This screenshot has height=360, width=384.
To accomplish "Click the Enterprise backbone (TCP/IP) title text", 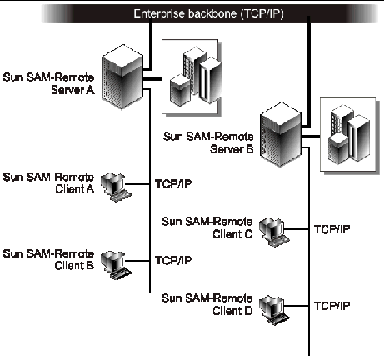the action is coord(208,13).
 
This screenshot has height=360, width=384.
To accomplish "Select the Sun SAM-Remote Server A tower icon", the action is coord(122,77).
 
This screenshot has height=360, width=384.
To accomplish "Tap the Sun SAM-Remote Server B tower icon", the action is coord(281,134).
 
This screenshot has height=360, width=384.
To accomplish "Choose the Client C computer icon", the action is coord(274,232).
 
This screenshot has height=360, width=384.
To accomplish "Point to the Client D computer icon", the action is coord(274,309).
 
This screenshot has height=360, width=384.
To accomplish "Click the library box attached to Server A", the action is coord(192,77).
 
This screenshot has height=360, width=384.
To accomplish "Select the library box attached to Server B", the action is coord(350,136).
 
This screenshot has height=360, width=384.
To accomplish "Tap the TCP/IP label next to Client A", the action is coord(173,184).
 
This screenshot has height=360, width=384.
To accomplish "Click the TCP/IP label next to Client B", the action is coord(173,260).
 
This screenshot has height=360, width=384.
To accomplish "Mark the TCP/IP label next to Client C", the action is coord(332,229).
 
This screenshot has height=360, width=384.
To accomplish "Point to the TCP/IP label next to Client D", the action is coord(332,306).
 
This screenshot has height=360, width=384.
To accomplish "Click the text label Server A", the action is coord(72,90).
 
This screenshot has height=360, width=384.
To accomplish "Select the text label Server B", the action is coord(232,149).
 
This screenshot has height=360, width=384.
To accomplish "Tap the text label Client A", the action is coord(74,189).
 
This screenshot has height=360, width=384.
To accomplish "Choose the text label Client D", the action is coord(232,311).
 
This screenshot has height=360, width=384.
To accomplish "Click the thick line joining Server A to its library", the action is coord(152,79).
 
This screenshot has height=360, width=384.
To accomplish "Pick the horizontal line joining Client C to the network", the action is coord(297,229).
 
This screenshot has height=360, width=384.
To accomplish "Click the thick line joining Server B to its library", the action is coord(311,137).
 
